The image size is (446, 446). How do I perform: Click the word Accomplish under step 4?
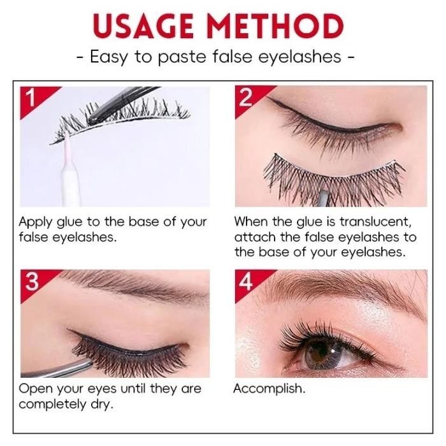[x=269, y=389]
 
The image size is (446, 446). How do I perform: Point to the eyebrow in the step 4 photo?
[x=342, y=287]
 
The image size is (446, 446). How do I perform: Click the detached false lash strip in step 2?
[x=334, y=178]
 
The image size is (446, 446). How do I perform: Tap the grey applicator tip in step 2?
[x=323, y=199]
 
